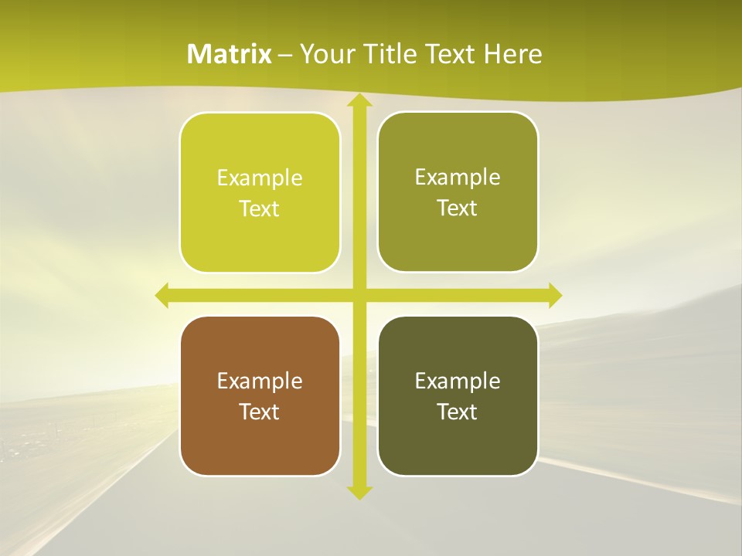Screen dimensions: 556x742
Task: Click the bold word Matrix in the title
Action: point(230,54)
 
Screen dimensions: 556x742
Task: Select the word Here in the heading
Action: point(513,54)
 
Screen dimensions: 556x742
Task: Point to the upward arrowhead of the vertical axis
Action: point(359,100)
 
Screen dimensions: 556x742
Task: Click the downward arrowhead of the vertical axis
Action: point(359,492)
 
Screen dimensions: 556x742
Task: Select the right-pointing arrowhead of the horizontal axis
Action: point(555,295)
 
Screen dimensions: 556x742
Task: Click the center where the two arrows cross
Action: point(359,295)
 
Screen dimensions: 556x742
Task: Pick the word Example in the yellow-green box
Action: point(260,178)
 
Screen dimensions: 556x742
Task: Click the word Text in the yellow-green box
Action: point(260,208)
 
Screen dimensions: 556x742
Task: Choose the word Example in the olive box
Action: point(458,177)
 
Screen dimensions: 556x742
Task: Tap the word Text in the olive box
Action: point(458,208)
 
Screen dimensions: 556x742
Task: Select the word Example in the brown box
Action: point(260,381)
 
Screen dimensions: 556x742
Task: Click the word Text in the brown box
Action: point(260,412)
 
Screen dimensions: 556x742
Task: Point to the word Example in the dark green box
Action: point(458,381)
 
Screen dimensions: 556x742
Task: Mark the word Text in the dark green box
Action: point(458,412)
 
